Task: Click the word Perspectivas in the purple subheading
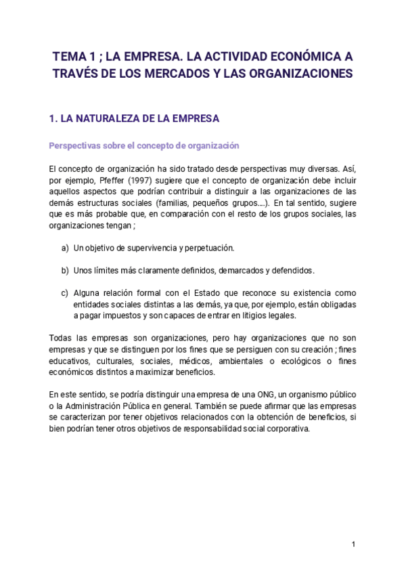tap(73, 146)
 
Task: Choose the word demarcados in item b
tap(240, 270)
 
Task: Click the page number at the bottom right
tap(353, 544)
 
